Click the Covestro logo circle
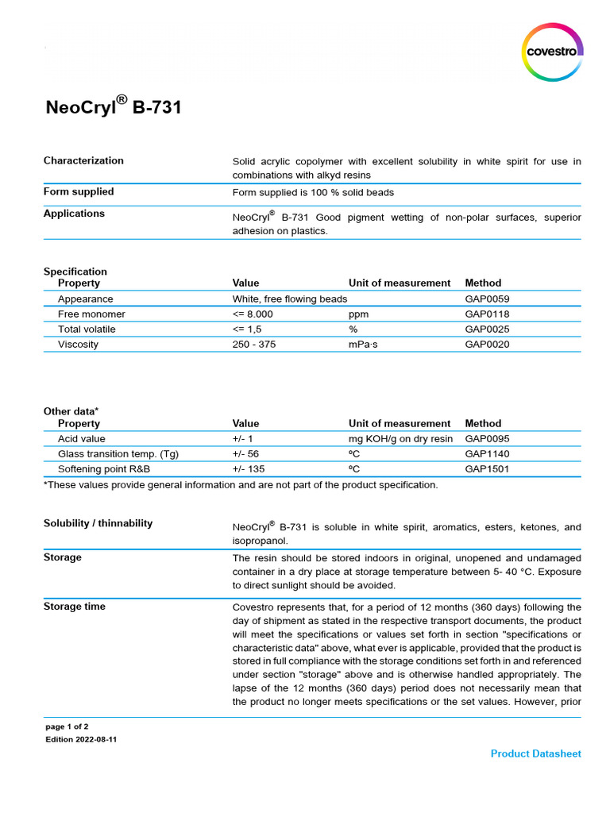point(554,52)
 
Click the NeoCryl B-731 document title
point(113,106)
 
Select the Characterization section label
point(83,160)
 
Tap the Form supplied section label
point(79,191)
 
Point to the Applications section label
point(74,213)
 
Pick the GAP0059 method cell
point(487,299)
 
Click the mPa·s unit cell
point(364,345)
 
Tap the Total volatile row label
point(87,329)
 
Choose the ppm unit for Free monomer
point(358,314)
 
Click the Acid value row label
point(81,439)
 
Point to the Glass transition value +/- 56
point(245,454)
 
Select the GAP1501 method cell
point(487,469)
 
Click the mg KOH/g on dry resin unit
point(400,439)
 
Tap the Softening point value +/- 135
point(249,469)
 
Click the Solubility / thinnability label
point(98,523)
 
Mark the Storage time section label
point(75,607)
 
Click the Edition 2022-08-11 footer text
point(82,739)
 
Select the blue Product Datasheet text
point(535,753)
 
